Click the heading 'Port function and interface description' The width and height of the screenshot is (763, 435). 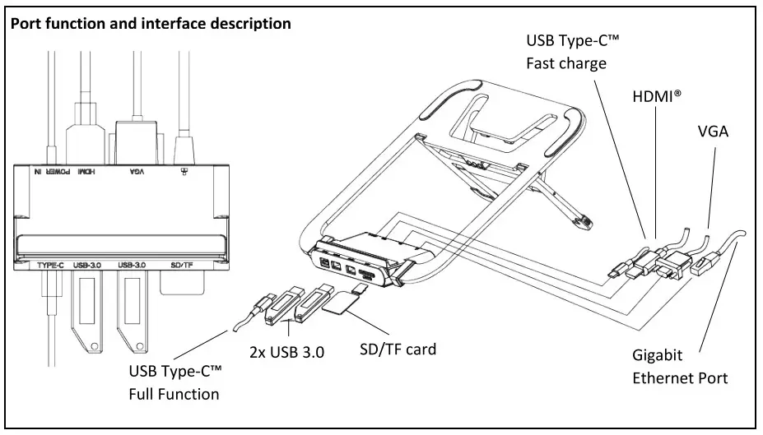coord(150,24)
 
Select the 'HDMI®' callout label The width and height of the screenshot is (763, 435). coord(657,96)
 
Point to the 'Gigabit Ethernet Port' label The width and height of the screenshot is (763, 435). coord(680,367)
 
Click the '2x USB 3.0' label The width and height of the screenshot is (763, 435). coord(286,351)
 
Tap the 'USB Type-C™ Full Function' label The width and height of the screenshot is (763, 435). coord(175,382)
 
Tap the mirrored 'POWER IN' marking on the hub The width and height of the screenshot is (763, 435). coord(50,172)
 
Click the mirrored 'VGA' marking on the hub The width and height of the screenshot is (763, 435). coord(137,172)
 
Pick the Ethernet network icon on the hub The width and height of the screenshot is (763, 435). coord(183,172)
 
